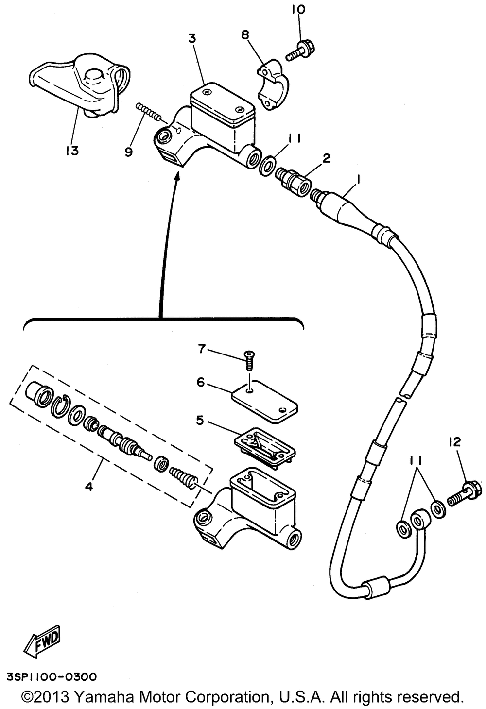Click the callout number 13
pyautogui.click(x=71, y=151)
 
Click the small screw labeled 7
pyautogui.click(x=251, y=360)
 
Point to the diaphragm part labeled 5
pyautogui.click(x=262, y=446)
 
